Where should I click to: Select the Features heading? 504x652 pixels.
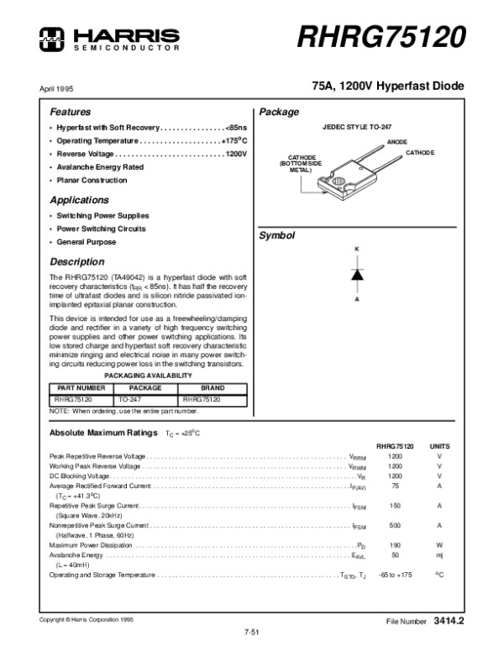tap(70, 112)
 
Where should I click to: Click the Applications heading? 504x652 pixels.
tap(79, 201)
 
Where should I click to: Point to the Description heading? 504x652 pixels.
tap(76, 261)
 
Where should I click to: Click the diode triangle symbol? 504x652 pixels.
tap(356, 274)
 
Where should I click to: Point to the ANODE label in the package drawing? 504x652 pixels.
tap(397, 143)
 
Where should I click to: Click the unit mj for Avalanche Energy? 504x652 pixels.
tap(439, 555)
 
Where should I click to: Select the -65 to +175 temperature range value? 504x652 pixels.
tap(395, 575)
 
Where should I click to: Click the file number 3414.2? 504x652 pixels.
tap(449, 622)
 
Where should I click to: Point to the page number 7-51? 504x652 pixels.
tap(250, 630)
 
